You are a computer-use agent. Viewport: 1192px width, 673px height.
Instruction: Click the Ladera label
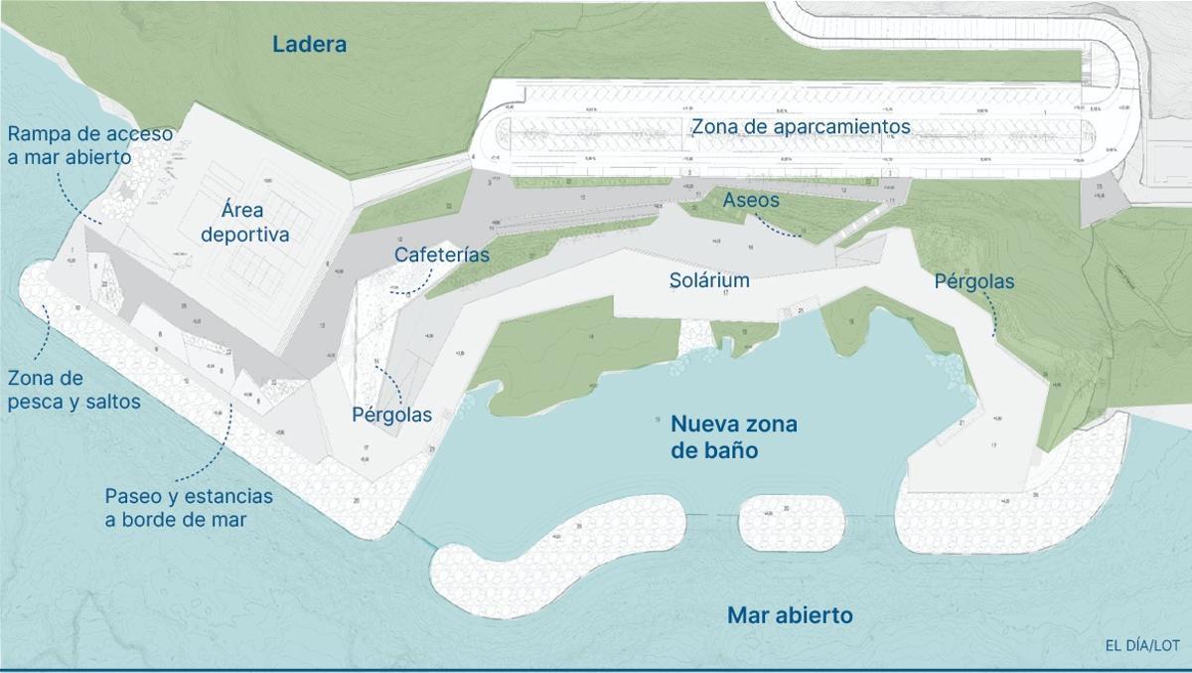[309, 45]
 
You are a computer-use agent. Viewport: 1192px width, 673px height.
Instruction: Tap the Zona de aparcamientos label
[801, 127]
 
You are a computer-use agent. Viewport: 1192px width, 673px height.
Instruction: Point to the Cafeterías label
[442, 254]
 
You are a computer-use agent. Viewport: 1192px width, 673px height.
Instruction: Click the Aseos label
[751, 200]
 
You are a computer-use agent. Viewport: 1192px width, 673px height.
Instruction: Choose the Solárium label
[708, 280]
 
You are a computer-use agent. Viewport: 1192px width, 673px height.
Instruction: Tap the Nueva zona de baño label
[734, 437]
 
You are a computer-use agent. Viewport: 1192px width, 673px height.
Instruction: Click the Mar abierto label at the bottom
[790, 615]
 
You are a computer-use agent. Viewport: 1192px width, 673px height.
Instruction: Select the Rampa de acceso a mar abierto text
[90, 144]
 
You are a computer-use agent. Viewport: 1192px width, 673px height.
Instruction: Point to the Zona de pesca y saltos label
[73, 391]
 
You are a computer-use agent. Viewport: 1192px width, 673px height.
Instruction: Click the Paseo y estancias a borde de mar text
[189, 507]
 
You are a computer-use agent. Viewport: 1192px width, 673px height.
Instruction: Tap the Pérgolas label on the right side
[974, 282]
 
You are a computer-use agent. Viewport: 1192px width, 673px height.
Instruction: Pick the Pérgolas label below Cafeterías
[392, 414]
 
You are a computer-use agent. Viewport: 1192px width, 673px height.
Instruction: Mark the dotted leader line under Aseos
[787, 231]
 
